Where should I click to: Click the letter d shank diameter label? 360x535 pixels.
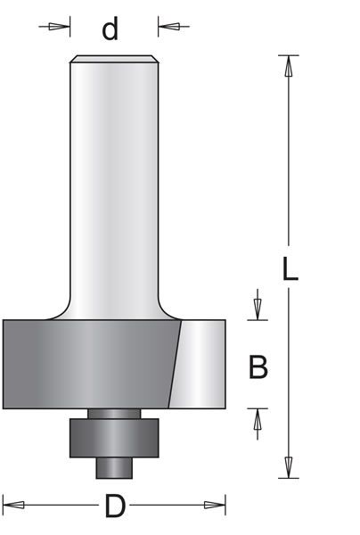[x=110, y=29]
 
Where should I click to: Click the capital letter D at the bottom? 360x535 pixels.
[x=114, y=507]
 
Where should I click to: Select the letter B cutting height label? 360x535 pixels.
[x=258, y=366]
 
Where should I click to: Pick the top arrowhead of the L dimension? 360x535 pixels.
[x=287, y=65]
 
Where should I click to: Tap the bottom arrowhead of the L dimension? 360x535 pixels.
[x=287, y=467]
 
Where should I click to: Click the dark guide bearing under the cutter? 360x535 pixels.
[x=114, y=436]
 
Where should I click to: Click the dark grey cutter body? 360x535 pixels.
[x=89, y=364]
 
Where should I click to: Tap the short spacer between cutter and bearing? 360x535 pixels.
[x=114, y=413]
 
